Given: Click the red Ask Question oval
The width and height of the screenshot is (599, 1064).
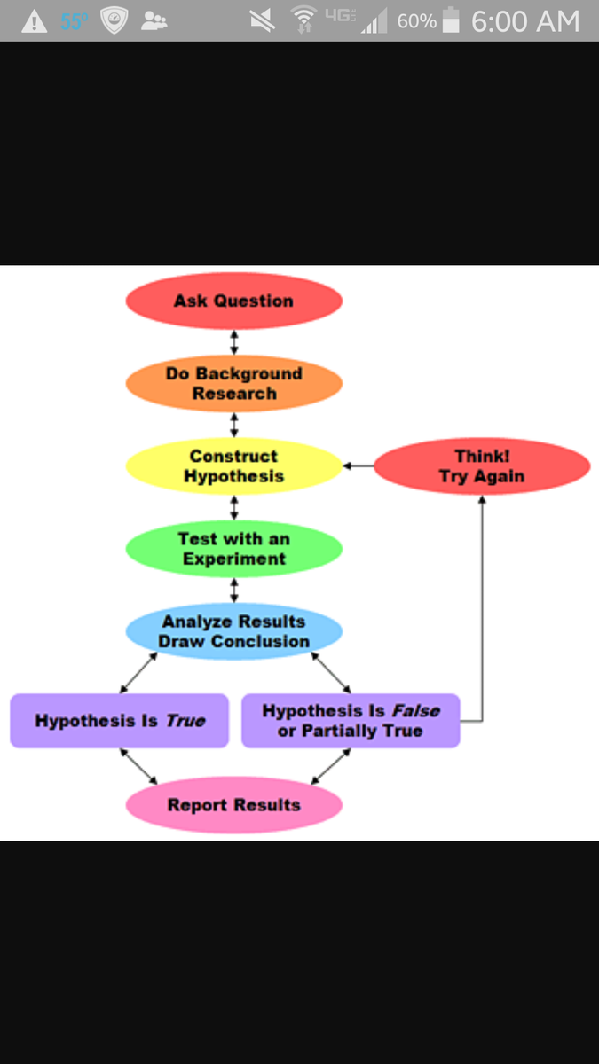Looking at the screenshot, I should tap(233, 301).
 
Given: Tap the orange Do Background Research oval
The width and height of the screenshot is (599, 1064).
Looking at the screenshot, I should tap(233, 383).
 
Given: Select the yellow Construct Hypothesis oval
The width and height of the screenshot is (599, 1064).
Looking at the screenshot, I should tap(233, 466).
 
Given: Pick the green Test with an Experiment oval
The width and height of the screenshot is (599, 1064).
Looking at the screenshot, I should tap(233, 549).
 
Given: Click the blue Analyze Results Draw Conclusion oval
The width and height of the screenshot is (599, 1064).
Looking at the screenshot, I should tap(233, 631).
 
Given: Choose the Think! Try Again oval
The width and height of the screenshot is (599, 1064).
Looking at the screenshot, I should tap(482, 466).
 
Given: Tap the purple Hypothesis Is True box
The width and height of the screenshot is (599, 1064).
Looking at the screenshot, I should tap(119, 721).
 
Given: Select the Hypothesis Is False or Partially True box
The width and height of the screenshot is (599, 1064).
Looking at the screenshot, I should tap(351, 721).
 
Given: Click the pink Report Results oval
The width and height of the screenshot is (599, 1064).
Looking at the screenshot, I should tap(233, 805).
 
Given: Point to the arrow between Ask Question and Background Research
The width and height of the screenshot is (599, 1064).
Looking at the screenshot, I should tap(234, 341).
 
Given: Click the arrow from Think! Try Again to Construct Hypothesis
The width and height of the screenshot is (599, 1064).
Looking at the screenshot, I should tap(358, 465).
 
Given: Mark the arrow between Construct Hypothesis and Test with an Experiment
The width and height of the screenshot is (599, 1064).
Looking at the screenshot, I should tap(234, 507).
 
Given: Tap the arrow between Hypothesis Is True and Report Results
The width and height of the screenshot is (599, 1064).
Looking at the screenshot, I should tap(138, 767).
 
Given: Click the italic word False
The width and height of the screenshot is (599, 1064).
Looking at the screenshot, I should tap(415, 710).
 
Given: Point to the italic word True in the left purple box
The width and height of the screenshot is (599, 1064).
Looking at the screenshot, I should tap(185, 721).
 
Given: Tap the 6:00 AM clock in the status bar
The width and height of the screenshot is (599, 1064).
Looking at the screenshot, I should tap(525, 21).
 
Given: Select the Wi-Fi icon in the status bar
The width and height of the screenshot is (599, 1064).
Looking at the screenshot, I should tap(303, 20).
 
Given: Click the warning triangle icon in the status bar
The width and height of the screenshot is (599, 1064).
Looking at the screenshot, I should tap(34, 21).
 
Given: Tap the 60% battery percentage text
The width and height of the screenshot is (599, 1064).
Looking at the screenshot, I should tap(416, 21).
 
